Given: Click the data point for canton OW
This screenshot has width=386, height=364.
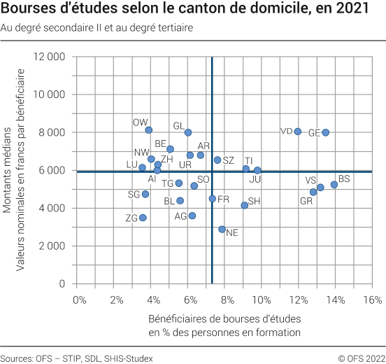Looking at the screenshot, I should [x=149, y=130].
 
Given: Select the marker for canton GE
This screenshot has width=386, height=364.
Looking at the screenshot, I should [x=326, y=132].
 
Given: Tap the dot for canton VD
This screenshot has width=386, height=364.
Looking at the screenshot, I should [x=298, y=131].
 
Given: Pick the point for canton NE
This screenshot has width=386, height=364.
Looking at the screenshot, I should [x=222, y=229].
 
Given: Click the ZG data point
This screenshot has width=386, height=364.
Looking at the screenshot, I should [x=143, y=218].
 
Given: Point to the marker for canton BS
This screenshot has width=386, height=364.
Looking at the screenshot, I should [x=334, y=185].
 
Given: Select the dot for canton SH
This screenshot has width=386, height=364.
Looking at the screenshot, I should [x=245, y=205].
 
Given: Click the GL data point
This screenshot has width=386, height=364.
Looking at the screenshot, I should [x=188, y=132].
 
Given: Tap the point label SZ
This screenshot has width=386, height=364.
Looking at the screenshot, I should [x=229, y=160].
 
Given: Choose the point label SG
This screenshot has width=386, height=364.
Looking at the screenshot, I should [x=134, y=194].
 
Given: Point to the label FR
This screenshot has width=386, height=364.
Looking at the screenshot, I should [x=223, y=199].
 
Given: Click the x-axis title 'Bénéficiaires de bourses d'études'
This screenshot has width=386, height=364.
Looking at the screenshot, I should [x=224, y=319].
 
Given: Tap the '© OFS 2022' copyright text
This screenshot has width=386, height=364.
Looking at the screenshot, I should [x=362, y=357].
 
